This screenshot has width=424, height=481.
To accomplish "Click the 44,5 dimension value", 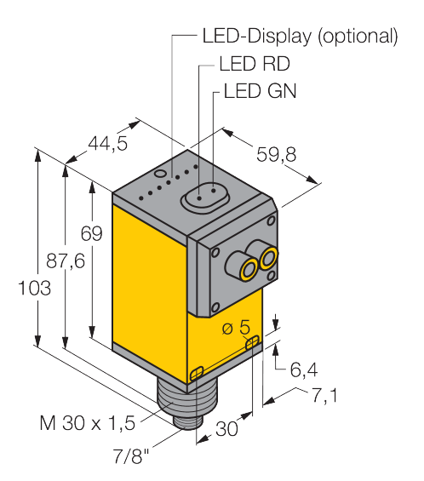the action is coord(107,143).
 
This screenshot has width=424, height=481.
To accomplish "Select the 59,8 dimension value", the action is coord(277,154).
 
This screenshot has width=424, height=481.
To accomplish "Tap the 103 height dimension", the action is coord(34,288).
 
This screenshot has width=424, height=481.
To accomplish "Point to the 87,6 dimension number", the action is coord(66,261).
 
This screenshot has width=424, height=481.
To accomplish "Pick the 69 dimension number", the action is coord(91,233).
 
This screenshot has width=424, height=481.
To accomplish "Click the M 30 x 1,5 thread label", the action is coord(88,423).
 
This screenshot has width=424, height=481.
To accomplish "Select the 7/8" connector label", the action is coord(131,455).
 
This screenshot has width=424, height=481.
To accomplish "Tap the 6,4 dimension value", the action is coord(304,369).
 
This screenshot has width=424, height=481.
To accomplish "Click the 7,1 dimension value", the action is coord(325,395).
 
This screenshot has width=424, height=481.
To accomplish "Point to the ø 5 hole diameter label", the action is coord(236,327).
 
